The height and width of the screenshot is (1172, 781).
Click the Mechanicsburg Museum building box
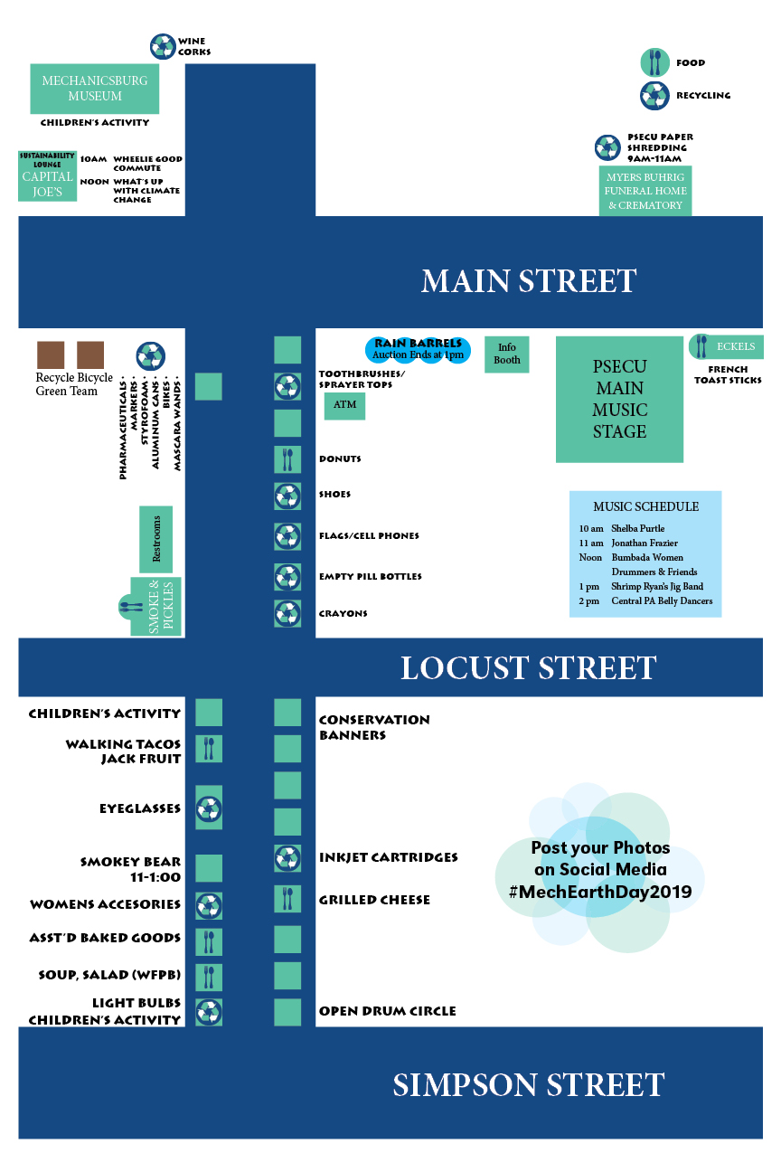tap(94, 89)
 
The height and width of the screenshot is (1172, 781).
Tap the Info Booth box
tap(507, 354)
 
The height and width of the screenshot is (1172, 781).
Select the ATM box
tap(344, 405)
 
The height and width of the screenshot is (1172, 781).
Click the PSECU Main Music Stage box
tap(619, 399)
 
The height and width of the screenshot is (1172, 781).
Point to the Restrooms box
tap(155, 539)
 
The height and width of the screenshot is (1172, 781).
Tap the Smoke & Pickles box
tap(159, 606)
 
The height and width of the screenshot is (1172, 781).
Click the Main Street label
tap(529, 280)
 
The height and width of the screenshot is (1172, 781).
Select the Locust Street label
tap(528, 668)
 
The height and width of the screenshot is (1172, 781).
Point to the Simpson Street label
tap(529, 1084)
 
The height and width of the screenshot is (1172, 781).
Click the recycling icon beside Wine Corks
tap(163, 46)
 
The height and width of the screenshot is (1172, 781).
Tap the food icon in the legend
tap(654, 62)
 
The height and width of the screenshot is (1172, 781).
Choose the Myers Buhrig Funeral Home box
tap(645, 191)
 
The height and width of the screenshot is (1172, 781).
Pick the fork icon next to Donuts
tap(287, 459)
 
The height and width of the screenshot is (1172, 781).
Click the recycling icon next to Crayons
tap(287, 613)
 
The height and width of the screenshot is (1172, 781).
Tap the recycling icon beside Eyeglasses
tap(209, 808)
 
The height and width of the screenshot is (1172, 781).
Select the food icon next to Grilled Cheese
tap(287, 899)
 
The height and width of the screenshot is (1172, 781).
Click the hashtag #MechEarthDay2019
tap(600, 892)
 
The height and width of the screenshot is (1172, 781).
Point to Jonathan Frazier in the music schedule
tap(644, 543)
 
